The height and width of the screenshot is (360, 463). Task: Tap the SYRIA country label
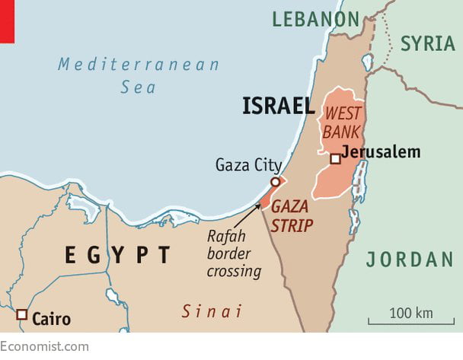(x=427, y=43)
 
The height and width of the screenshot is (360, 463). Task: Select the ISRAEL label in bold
(x=278, y=107)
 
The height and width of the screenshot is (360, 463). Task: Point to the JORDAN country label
(x=410, y=260)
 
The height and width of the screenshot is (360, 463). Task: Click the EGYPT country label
(x=117, y=255)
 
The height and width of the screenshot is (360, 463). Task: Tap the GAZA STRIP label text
(x=292, y=216)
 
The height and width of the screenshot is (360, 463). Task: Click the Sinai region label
(x=212, y=311)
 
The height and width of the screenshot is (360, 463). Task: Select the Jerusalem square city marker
(x=334, y=158)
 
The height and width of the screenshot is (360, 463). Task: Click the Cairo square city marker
(x=22, y=314)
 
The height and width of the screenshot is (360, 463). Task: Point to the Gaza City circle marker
(x=275, y=182)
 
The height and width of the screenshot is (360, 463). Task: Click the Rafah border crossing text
(x=234, y=253)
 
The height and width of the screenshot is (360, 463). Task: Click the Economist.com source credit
(x=44, y=346)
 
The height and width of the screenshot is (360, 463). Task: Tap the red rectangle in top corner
(x=8, y=21)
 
